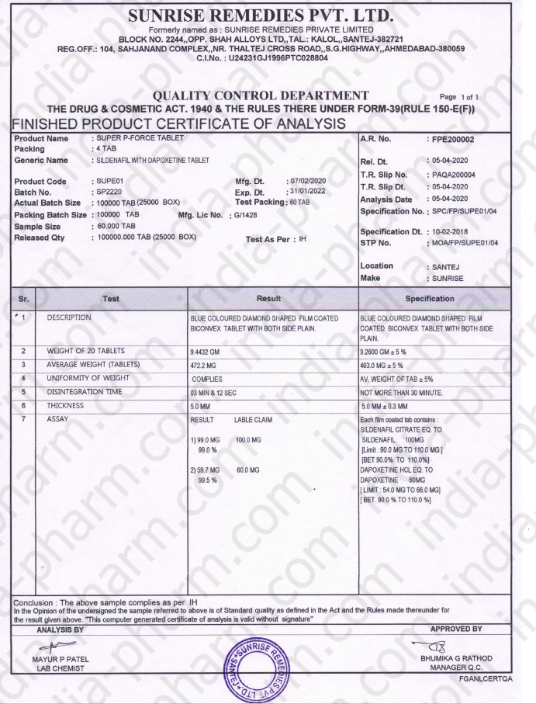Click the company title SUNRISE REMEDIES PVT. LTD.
261,16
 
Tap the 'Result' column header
273,299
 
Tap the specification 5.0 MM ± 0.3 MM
395,406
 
